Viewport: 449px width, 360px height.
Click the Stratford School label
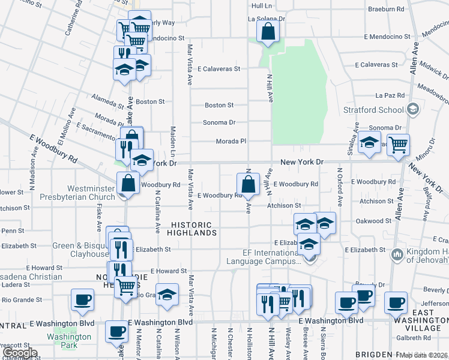[373, 110]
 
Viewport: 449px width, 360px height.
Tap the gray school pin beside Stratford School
[412, 109]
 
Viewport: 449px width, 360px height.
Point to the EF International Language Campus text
[264, 257]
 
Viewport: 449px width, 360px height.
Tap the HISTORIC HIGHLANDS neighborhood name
[191, 228]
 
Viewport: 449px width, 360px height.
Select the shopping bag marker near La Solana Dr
[268, 31]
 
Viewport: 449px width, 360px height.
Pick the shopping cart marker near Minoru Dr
[398, 144]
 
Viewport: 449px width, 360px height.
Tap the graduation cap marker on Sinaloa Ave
[370, 144]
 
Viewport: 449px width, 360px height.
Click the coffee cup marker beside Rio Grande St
[82, 299]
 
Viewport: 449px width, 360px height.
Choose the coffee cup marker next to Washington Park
[116, 331]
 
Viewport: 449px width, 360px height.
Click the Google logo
[20, 353]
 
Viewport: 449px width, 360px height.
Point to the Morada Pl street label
[231, 142]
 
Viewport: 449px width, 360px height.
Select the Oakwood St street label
[373, 221]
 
